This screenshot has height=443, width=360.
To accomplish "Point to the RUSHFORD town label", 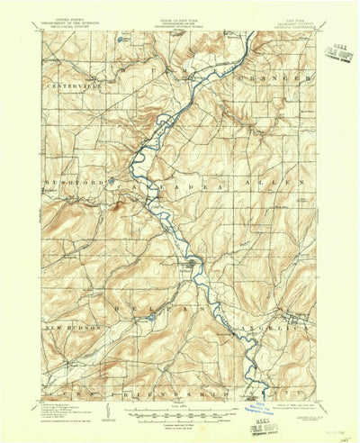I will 68,182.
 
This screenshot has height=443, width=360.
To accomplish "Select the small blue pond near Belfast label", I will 151,317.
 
